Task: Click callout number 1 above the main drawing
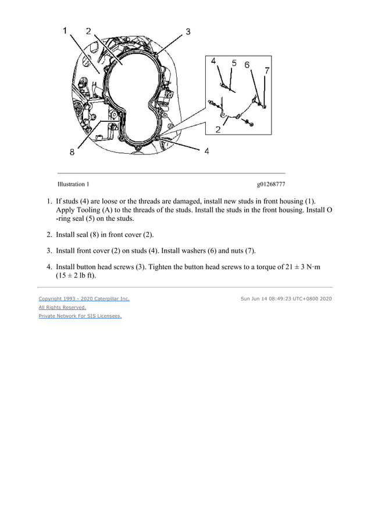[x=66, y=30]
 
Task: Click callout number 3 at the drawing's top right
[x=188, y=31]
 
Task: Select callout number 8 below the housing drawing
[x=72, y=152]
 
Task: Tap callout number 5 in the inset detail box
[x=234, y=62]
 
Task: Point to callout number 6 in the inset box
[x=247, y=65]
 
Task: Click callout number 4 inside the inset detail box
[x=213, y=61]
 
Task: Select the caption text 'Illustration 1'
[x=73, y=184]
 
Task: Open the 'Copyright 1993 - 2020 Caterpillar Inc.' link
[x=84, y=299]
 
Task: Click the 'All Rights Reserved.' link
[x=62, y=308]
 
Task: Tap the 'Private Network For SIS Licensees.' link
[x=80, y=316]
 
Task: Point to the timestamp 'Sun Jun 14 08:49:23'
[x=267, y=299]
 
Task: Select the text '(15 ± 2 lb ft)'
[x=76, y=276]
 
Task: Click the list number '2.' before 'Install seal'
[x=49, y=235]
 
